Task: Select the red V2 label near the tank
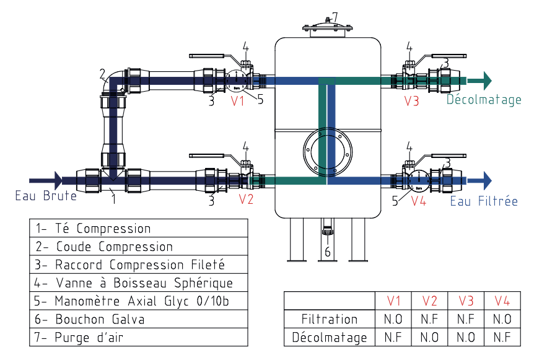247,199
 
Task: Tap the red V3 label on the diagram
411,101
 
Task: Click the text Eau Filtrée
483,201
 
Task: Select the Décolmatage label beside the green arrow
483,100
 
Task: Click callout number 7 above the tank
335,15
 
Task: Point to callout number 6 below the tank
328,252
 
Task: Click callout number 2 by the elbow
102,74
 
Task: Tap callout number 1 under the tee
113,199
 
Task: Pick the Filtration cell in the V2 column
430,320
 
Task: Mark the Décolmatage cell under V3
466,338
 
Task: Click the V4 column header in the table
502,301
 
